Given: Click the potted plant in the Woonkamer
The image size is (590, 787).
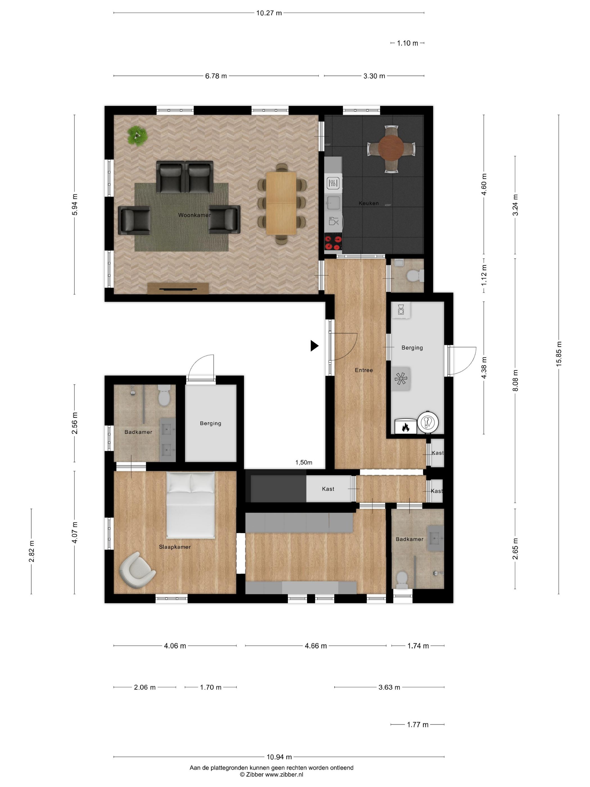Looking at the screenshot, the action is click(x=137, y=135).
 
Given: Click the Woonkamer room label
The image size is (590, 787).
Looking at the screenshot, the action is click(x=194, y=215).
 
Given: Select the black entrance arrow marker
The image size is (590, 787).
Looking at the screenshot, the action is click(x=314, y=345).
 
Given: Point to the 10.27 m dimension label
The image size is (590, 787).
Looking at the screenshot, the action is click(x=269, y=13).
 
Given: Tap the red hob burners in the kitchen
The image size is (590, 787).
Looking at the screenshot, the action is click(x=333, y=243).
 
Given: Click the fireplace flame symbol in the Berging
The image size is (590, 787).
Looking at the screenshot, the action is click(x=405, y=427).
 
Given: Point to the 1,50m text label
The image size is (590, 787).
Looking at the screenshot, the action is click(x=304, y=463).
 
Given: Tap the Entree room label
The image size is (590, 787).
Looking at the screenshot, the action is click(x=364, y=370).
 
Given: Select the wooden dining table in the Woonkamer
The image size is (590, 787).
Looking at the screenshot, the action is click(x=281, y=203).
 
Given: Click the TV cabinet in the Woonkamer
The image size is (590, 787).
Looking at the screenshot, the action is click(x=178, y=288).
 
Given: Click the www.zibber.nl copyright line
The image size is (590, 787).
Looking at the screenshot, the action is click(x=271, y=775).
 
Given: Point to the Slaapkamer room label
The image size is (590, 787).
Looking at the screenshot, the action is click(x=175, y=547).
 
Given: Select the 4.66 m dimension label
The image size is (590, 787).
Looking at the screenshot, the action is click(x=316, y=646).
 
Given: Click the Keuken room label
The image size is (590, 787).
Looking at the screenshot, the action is click(x=368, y=203).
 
